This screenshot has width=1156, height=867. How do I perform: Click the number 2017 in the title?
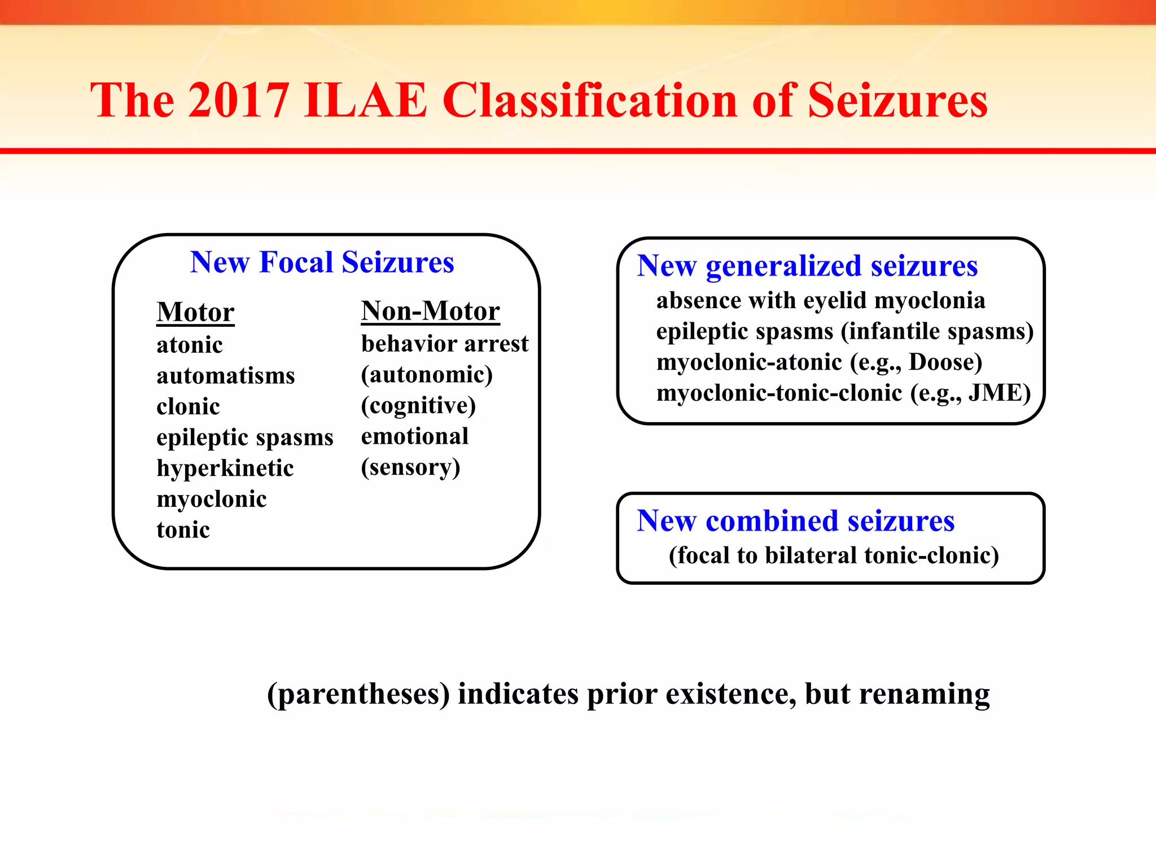coord(238,100)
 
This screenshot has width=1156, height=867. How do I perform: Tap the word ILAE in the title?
coord(365,100)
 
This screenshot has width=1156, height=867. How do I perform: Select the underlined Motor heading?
coord(195,312)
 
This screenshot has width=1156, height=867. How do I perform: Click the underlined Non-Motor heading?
coord(430,311)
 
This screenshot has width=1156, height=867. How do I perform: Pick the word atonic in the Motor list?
coord(190,345)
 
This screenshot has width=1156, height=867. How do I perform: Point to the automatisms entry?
coord(226,376)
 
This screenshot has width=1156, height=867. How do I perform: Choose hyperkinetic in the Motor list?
coord(225,468)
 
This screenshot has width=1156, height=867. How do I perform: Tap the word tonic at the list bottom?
coord(183,530)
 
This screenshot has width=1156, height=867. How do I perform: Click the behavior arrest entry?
coord(445,344)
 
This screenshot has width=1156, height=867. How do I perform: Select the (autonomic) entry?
coord(427,375)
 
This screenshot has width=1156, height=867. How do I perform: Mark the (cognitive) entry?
coord(418,406)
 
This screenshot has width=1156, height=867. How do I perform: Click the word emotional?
coord(415,436)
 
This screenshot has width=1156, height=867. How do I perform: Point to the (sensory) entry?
coord(410,467)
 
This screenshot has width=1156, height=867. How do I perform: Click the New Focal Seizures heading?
coord(322,262)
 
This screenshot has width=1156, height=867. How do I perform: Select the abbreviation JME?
coord(994,393)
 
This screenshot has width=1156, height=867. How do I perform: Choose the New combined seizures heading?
coord(795,520)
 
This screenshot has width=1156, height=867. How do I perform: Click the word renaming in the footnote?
coord(924,694)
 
